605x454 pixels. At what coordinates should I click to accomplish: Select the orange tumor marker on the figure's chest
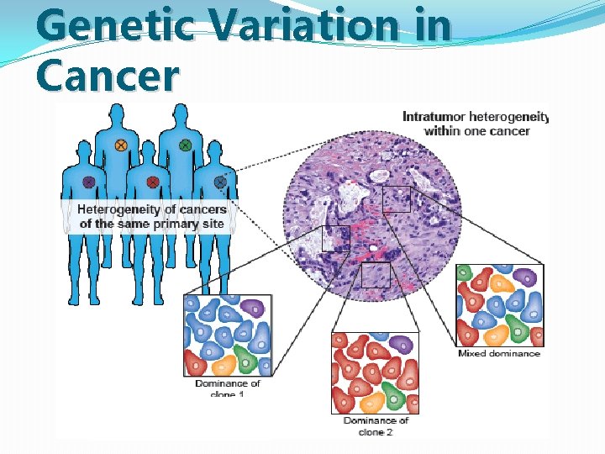coord(121,145)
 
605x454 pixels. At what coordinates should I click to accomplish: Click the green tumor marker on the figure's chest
coord(186,145)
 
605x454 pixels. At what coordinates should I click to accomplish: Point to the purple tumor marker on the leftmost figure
coord(89,182)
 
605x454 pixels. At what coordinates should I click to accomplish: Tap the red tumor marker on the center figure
coord(153,182)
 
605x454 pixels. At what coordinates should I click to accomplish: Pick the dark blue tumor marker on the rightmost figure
coord(220,181)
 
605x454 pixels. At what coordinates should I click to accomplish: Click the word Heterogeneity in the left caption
coord(118,209)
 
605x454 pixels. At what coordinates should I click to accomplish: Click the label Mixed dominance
coord(498,354)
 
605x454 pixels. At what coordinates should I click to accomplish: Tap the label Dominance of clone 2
coord(376,426)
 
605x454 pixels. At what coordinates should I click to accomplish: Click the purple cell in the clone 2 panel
coord(400,344)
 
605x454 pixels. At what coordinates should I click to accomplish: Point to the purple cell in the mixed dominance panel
coord(526,277)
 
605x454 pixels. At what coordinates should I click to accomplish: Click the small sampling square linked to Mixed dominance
coord(396,199)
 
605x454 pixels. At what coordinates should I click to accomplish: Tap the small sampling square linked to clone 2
coord(376,274)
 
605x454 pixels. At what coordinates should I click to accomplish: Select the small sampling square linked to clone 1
coord(336,238)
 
